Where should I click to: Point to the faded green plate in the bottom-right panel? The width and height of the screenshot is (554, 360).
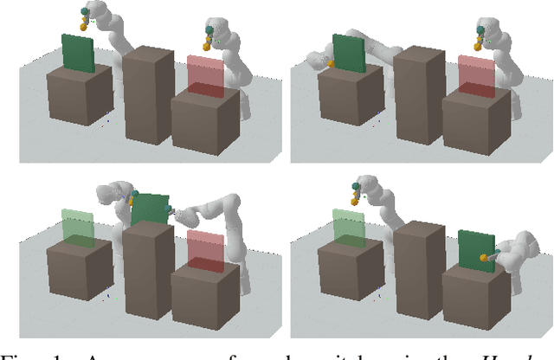349,227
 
